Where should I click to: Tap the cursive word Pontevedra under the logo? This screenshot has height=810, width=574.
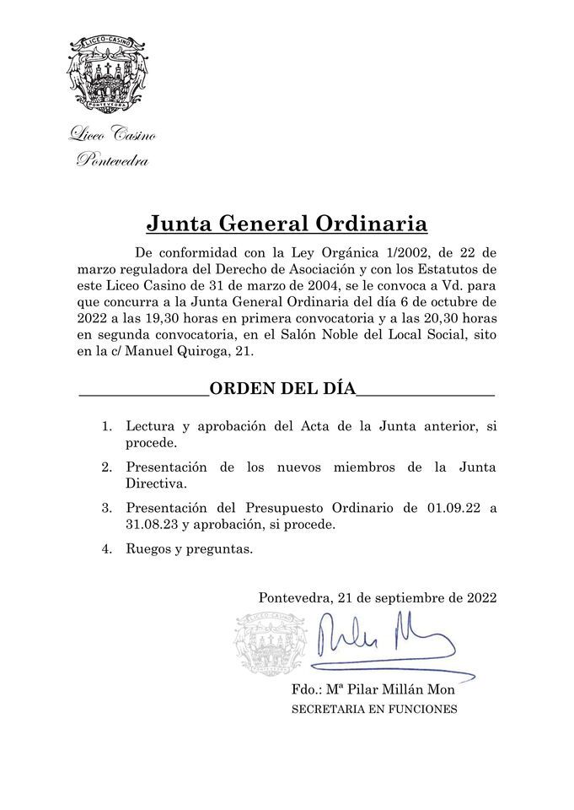[112, 160]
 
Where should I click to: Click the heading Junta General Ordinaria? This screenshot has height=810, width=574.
[287, 224]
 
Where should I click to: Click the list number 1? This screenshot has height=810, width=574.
[107, 427]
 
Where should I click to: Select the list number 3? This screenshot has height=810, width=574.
[107, 508]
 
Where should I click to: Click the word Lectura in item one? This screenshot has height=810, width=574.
[153, 427]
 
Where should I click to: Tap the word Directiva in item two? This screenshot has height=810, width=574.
[155, 483]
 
